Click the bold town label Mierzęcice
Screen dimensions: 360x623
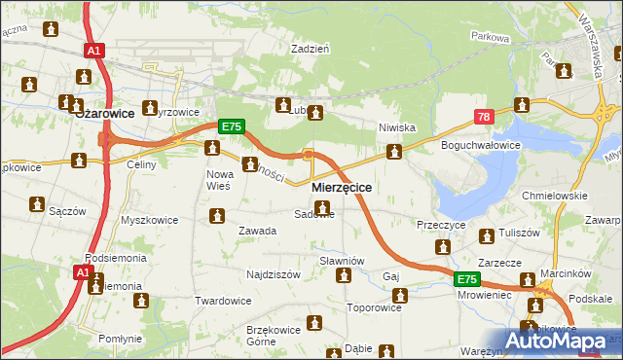[341, 186]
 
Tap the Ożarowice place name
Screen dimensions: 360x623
[104, 112]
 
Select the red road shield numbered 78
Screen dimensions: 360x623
[483, 117]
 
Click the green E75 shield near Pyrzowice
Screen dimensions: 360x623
[230, 126]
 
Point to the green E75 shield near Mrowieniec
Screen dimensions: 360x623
[468, 279]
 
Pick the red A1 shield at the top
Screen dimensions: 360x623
[93, 51]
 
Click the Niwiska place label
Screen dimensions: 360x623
[397, 127]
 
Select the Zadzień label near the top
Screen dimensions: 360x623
[311, 47]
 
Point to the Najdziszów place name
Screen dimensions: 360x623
[273, 274]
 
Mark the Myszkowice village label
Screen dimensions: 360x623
[149, 220]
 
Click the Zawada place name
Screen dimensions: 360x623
[258, 231]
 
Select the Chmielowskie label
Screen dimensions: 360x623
[556, 195]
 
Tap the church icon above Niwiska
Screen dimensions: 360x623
[394, 151]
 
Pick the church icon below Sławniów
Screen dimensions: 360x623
[344, 276]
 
